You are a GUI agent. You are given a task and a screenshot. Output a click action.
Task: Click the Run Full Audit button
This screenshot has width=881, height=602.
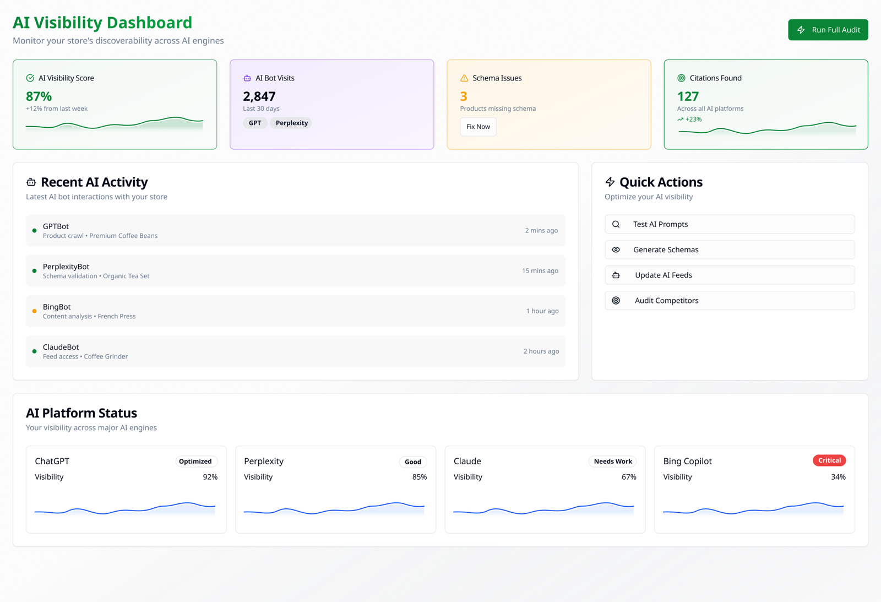[x=828, y=30]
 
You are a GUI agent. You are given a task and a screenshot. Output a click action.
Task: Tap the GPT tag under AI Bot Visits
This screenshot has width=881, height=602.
[x=255, y=123]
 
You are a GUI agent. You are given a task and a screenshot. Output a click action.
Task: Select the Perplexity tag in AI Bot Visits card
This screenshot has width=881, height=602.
[x=291, y=123]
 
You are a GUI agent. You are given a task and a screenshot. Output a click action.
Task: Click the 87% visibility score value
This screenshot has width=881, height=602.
[x=39, y=96]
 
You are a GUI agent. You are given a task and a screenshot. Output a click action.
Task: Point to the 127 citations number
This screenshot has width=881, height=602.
[x=688, y=96]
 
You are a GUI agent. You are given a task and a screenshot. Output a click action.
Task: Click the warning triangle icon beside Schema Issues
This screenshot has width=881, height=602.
[x=464, y=78]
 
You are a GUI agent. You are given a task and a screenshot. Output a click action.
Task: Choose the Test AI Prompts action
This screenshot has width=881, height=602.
[x=729, y=224]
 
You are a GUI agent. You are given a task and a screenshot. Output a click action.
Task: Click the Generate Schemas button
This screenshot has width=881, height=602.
[x=729, y=250]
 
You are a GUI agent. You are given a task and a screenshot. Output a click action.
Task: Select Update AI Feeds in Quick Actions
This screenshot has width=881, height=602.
[x=729, y=275]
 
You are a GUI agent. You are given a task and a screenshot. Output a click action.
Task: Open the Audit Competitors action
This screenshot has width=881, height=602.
[x=729, y=300]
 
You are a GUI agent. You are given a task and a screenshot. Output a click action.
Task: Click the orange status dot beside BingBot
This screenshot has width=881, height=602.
[x=34, y=311]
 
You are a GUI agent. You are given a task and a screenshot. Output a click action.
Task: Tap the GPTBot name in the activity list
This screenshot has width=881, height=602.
[x=56, y=226]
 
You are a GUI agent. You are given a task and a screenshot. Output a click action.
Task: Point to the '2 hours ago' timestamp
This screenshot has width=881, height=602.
[x=541, y=351]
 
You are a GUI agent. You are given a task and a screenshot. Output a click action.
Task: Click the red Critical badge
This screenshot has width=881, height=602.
[x=829, y=460]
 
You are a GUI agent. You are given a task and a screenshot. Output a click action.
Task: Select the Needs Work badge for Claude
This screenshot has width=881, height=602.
[x=612, y=462]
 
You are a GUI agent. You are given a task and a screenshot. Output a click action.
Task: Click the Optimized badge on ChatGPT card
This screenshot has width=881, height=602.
[x=195, y=462]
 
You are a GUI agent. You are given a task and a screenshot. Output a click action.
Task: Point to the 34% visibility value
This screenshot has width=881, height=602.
[x=838, y=477]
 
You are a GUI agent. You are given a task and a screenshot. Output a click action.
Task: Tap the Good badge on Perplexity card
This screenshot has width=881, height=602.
[x=413, y=462]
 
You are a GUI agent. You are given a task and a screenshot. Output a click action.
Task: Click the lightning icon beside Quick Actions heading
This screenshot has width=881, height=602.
[x=610, y=182]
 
